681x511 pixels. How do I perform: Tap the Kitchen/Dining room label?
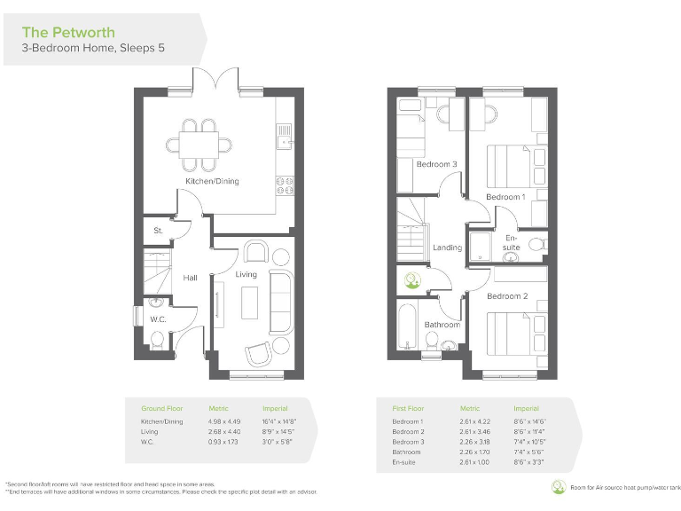pyautogui.click(x=211, y=181)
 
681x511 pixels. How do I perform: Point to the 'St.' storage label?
pyautogui.click(x=158, y=231)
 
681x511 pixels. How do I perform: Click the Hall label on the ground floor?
pyautogui.click(x=190, y=278)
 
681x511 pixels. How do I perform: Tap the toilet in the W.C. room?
pyautogui.click(x=157, y=338)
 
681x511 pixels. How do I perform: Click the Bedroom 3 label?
pyautogui.click(x=436, y=164)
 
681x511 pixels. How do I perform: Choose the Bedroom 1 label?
pyautogui.click(x=505, y=196)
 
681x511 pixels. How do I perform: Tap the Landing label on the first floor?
pyautogui.click(x=447, y=248)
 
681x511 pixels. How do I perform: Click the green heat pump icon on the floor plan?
pyautogui.click(x=412, y=280)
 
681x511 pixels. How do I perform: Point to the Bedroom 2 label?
pyautogui.click(x=507, y=295)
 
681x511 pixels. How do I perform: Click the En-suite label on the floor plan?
pyautogui.click(x=513, y=242)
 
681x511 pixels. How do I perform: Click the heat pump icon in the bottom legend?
pyautogui.click(x=558, y=486)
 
